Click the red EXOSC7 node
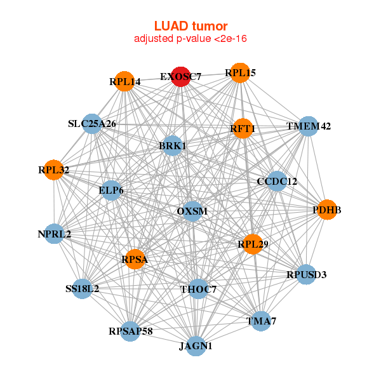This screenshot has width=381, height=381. click(x=181, y=76)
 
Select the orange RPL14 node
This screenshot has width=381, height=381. click(x=124, y=82)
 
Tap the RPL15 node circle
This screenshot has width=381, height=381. click(x=239, y=73)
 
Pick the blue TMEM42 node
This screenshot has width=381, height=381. click(x=308, y=126)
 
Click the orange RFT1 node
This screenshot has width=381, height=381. click(x=243, y=129)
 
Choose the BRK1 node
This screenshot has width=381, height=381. click(x=172, y=146)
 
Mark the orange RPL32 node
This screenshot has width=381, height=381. click(x=53, y=170)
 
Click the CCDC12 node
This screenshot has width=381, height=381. click(x=277, y=181)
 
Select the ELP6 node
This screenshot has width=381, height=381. click(x=112, y=190)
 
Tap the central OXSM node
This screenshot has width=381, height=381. click(x=192, y=211)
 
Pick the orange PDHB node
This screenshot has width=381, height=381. click(x=326, y=210)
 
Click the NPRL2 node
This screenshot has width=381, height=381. click(x=55, y=234)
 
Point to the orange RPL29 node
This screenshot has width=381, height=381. click(x=254, y=243)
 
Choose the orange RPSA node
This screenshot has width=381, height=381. click(x=135, y=258)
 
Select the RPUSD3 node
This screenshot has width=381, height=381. click(x=306, y=275)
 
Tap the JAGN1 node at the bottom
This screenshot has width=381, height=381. click(x=196, y=346)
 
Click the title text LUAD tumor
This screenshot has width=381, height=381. click(x=190, y=26)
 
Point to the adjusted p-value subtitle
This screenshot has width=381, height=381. click(x=190, y=39)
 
